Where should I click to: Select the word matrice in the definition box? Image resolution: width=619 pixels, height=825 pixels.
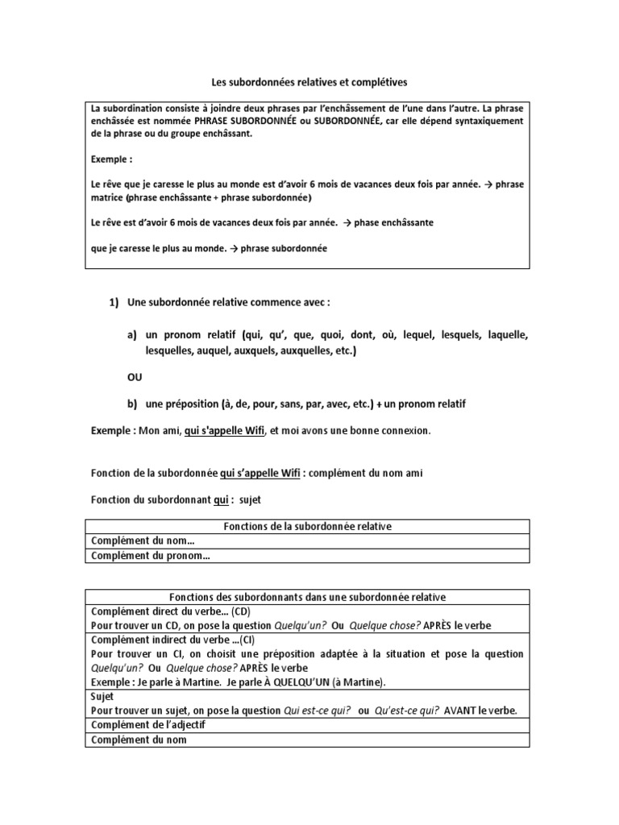[x=106, y=197]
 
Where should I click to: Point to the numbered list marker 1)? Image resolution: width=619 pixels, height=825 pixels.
[x=114, y=302]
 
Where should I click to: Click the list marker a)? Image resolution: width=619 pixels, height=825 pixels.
[x=131, y=334]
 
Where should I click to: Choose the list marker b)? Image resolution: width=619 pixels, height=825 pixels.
[x=131, y=404]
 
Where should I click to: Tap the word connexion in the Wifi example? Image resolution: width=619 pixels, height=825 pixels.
[x=404, y=431]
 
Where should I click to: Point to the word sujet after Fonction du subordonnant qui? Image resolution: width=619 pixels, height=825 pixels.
[x=255, y=500]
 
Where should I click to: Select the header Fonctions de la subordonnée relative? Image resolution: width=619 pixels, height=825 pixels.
[x=307, y=526]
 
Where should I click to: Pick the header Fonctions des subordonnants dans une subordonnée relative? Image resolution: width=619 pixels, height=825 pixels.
[x=307, y=597]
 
